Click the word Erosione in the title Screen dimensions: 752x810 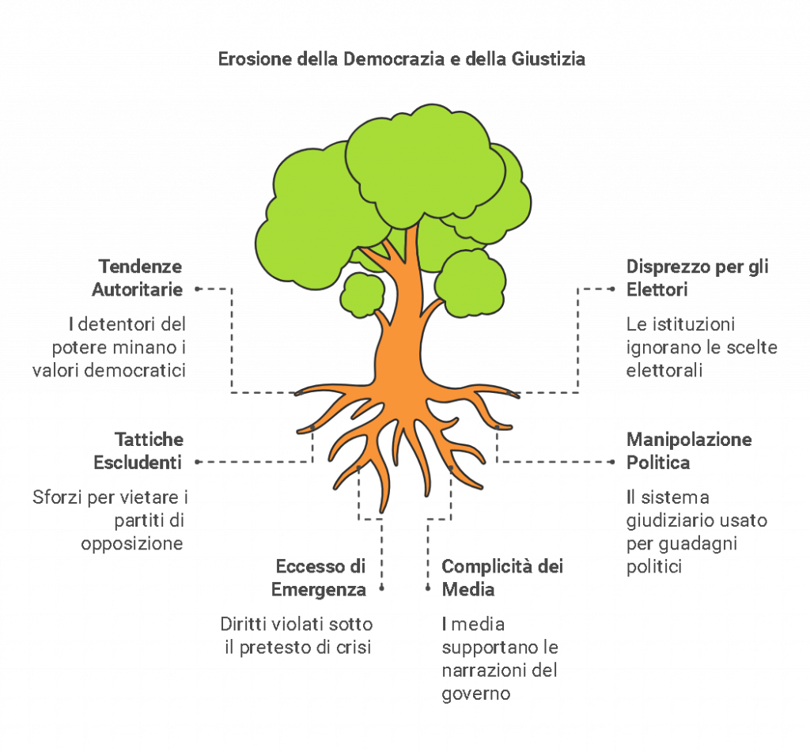click(247, 59)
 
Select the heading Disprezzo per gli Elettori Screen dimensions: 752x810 click(696, 278)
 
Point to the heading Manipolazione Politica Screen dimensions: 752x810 click(689, 451)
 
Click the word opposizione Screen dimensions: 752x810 click(133, 544)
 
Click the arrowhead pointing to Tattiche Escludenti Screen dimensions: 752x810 click(199, 461)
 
